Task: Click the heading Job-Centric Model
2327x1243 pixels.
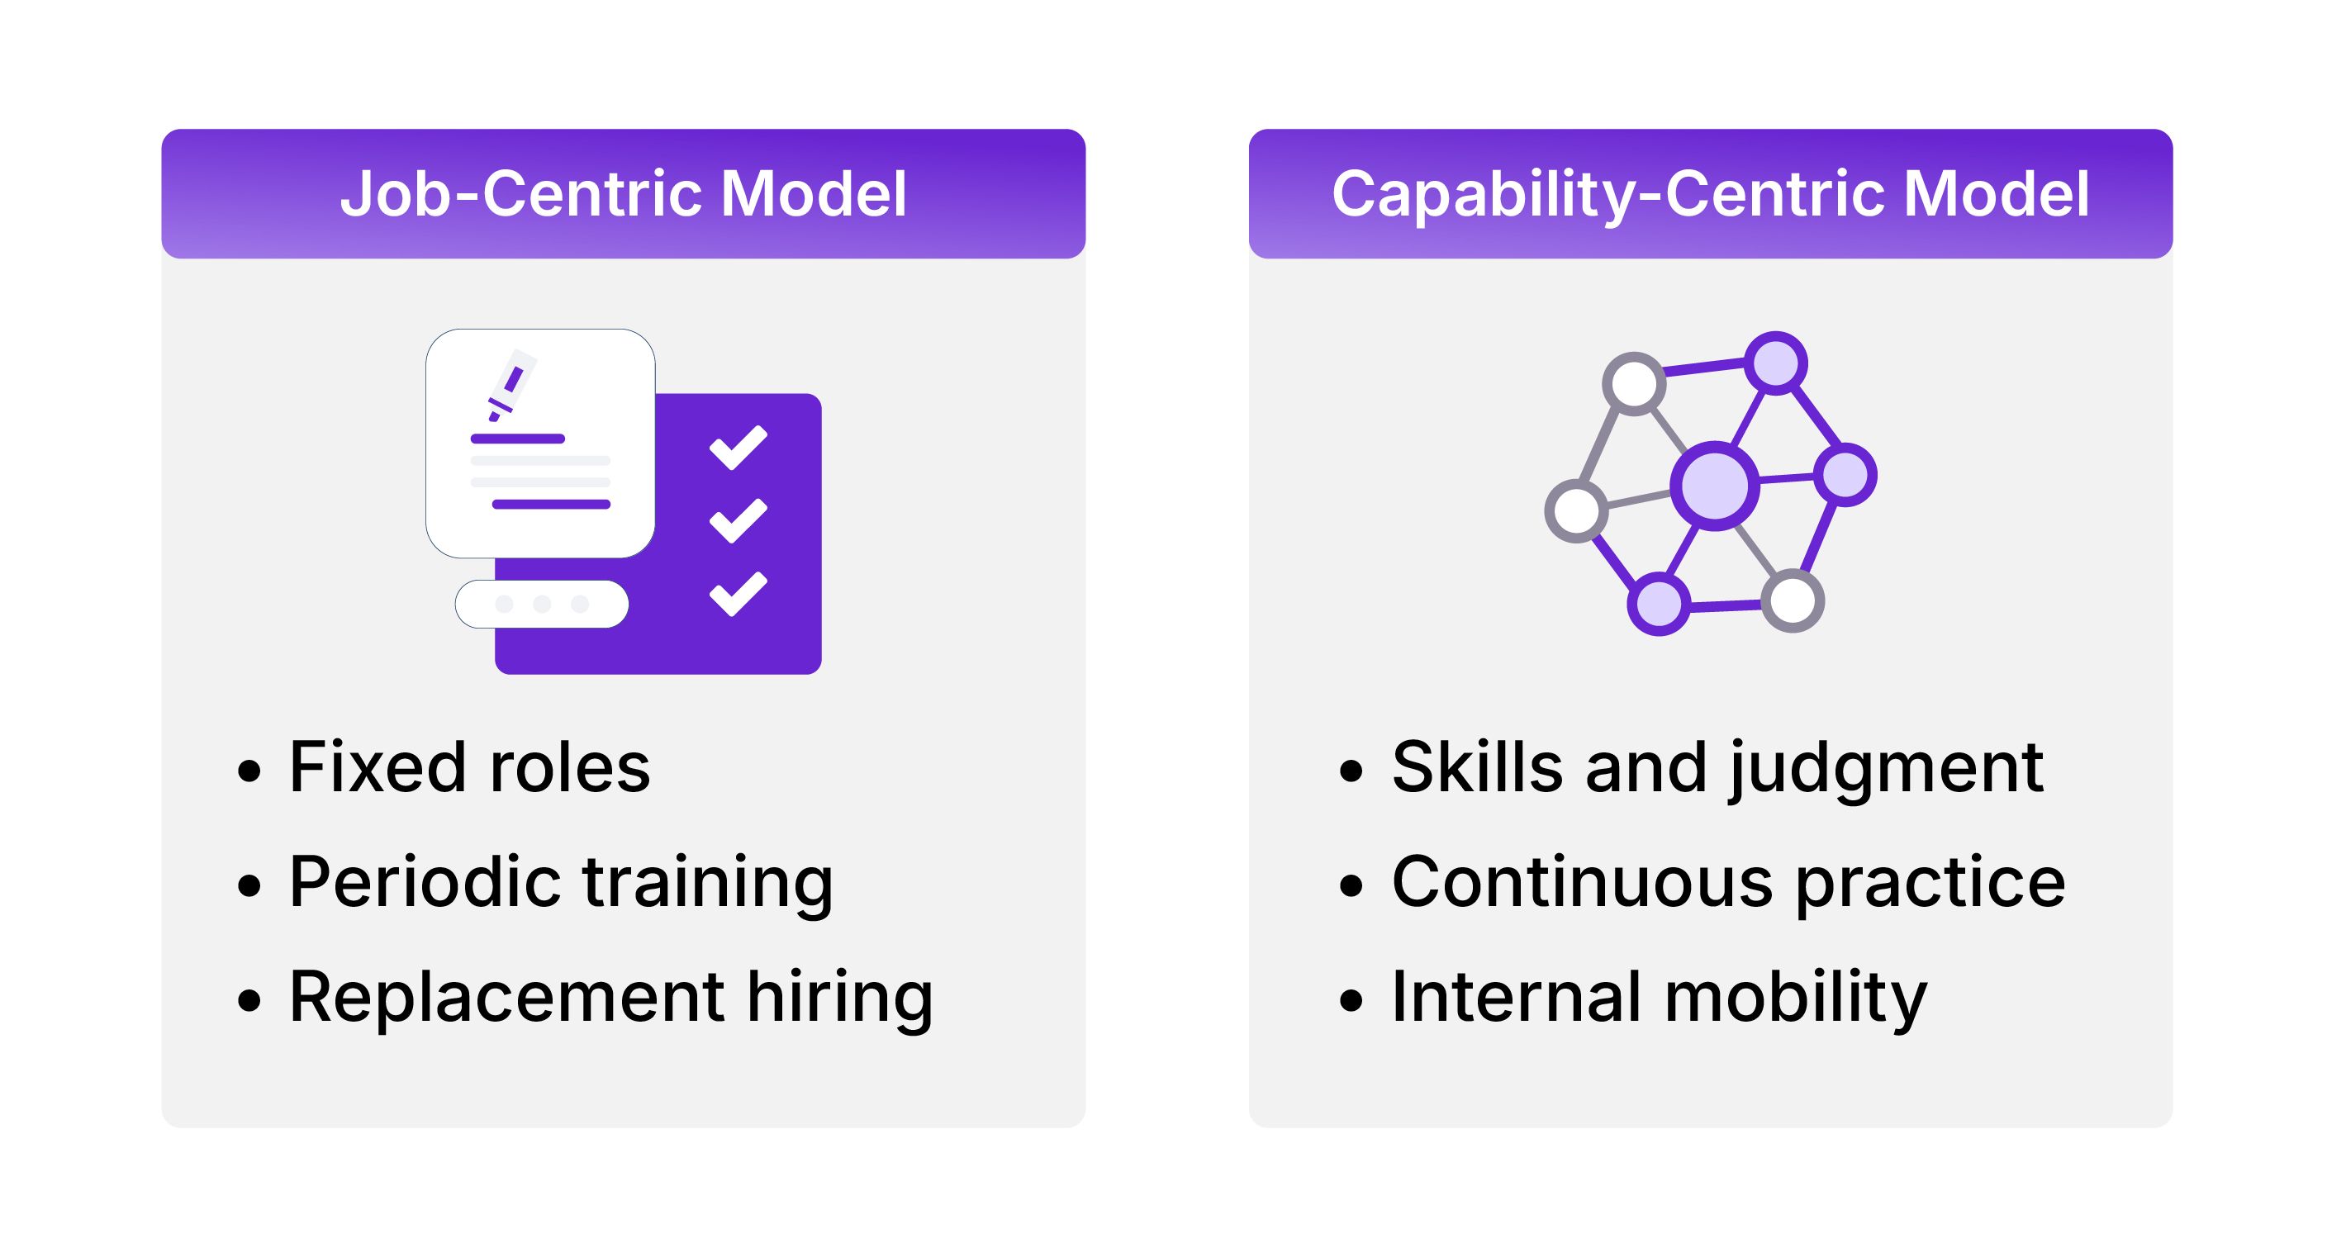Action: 624,194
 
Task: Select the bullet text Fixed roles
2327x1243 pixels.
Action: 469,767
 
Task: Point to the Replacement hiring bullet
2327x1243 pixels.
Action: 610,999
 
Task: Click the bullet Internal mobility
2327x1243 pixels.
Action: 1660,999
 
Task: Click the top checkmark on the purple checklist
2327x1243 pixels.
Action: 738,447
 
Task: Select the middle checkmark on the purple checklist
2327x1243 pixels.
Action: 738,520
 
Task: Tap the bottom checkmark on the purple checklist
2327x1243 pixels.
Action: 738,594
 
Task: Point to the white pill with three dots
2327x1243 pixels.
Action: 542,604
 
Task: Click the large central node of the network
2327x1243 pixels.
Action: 1715,486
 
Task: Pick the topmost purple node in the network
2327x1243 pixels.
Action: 1775,364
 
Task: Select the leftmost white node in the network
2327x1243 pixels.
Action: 1576,510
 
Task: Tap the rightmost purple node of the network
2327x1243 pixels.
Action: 1845,474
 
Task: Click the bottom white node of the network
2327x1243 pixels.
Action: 1793,600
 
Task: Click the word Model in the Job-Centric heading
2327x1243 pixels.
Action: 814,194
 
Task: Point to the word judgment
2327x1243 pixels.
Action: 1886,770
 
